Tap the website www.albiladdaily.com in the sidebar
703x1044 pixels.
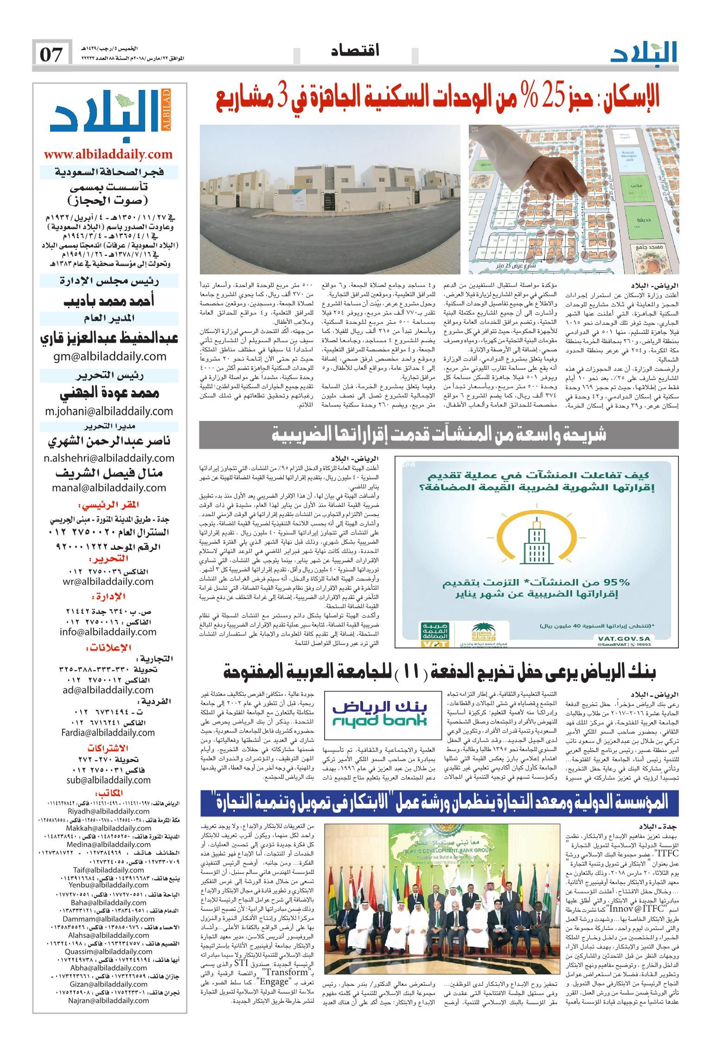click(x=109, y=154)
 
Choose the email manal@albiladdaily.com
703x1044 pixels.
click(x=110, y=487)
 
